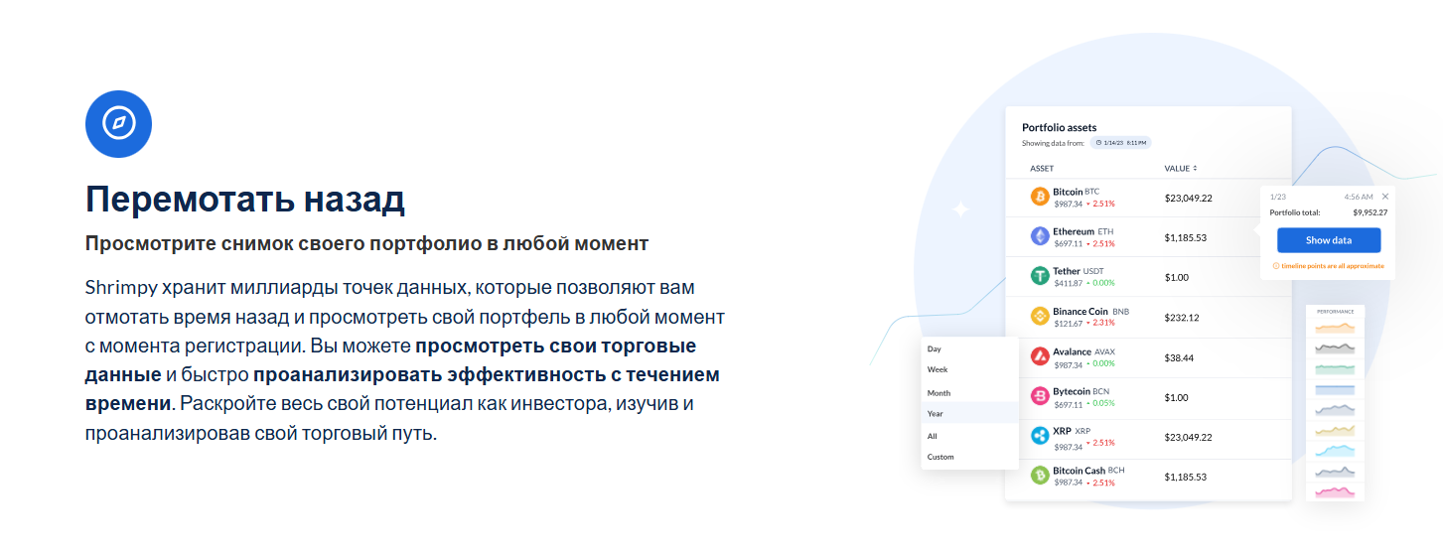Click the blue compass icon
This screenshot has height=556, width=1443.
118,124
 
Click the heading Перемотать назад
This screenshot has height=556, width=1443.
244,200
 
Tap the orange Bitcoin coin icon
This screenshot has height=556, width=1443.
1040,197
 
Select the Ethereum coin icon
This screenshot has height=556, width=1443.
1040,236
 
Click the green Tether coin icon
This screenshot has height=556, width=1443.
1040,276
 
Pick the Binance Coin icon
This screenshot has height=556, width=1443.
1040,316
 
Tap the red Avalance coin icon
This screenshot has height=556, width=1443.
1040,356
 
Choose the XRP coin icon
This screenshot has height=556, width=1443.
1040,436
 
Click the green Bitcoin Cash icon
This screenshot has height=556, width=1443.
1040,476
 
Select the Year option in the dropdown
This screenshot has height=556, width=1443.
936,413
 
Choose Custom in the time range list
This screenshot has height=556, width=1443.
940,457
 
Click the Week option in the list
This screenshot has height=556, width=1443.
938,369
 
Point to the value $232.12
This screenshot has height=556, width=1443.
1182,318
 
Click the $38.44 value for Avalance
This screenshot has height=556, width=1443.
1179,357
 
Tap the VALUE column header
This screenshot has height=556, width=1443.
1180,169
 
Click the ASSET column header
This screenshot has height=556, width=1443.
1042,169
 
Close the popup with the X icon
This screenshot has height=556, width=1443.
1385,197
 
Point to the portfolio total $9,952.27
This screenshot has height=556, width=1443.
1370,212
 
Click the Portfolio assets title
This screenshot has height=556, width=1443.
1059,127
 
